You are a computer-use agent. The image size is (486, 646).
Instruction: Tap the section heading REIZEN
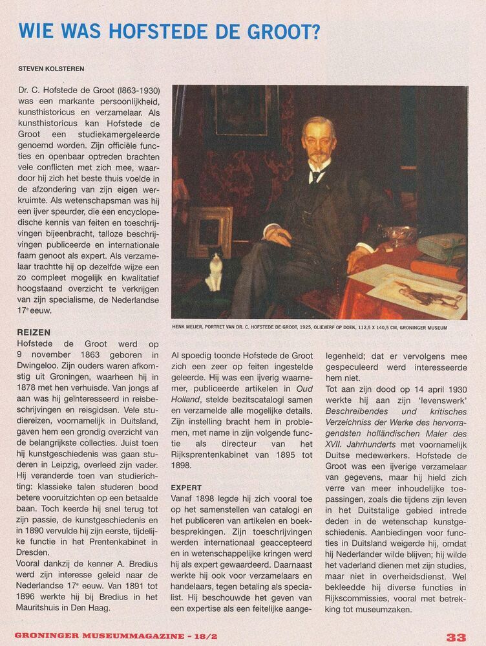pyautogui.click(x=34, y=332)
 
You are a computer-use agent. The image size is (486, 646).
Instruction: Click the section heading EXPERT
pyautogui.click(x=187, y=487)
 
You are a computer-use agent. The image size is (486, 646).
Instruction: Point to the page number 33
pyautogui.click(x=456, y=637)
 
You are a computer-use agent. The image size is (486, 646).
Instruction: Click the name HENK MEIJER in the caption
pyautogui.click(x=189, y=328)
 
